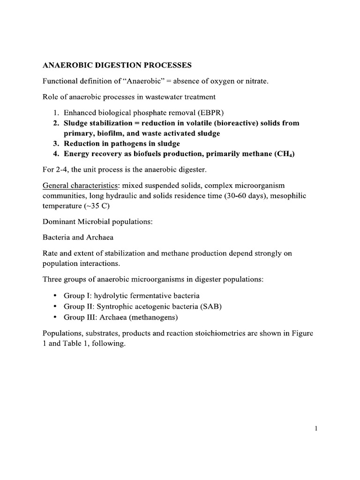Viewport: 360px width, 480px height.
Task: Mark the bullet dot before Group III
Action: click(56, 317)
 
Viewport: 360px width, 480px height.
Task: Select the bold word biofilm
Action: click(110, 133)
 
